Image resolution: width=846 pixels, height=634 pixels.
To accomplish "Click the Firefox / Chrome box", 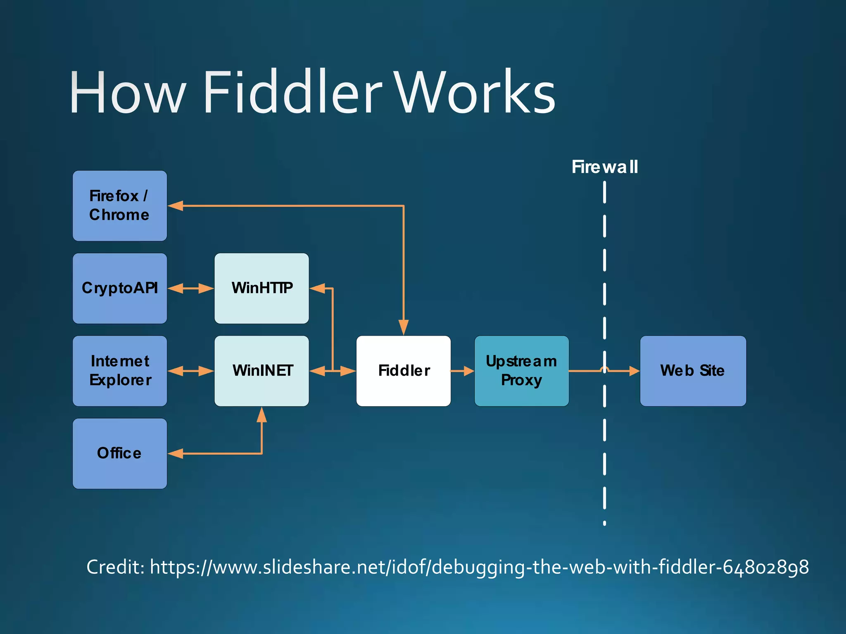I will (x=120, y=206).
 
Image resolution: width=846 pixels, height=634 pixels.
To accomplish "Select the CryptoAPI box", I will (x=120, y=288).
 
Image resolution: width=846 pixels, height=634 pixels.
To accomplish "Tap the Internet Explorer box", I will (x=120, y=371).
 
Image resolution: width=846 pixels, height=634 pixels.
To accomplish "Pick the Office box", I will (x=120, y=453).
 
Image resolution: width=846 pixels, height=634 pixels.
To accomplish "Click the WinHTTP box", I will (x=261, y=288).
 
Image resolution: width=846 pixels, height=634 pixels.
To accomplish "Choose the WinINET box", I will (x=261, y=371).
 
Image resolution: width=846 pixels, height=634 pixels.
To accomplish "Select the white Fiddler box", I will (x=404, y=371).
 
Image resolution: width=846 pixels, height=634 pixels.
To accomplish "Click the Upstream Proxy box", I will (x=521, y=371).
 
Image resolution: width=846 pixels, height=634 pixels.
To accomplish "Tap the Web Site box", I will (x=693, y=371).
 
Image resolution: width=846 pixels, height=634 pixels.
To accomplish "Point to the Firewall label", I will (x=604, y=167).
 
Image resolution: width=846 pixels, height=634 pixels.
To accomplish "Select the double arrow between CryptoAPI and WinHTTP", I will (x=191, y=288).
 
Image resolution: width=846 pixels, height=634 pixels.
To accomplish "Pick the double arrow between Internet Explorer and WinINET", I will (x=191, y=371).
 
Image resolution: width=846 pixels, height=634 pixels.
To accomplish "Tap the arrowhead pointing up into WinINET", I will (x=261, y=415).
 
